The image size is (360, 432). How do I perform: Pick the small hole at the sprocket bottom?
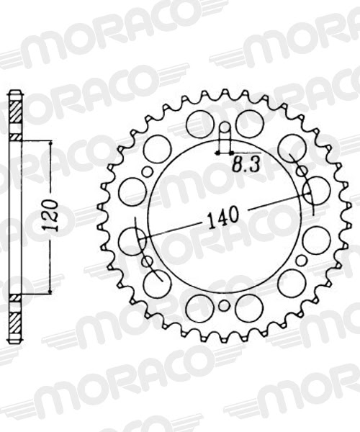click(224, 306)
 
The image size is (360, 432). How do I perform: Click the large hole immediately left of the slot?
click(199, 124)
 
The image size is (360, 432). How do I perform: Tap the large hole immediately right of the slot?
click(249, 124)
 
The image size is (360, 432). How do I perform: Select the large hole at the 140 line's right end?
click(317, 191)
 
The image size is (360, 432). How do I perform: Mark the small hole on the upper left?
click(147, 171)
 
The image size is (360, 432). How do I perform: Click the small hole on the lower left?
click(147, 261)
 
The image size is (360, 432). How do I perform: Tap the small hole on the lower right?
click(301, 261)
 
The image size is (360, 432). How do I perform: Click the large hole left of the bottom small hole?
click(199, 307)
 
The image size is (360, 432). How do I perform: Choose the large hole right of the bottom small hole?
click(249, 307)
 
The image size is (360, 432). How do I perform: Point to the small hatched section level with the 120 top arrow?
click(14, 136)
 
